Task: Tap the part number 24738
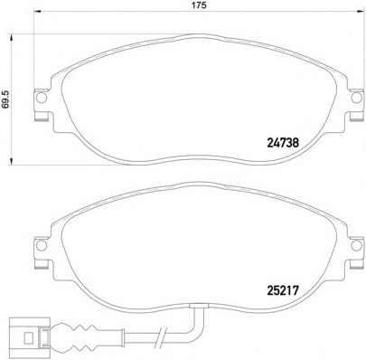point(283,141)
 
